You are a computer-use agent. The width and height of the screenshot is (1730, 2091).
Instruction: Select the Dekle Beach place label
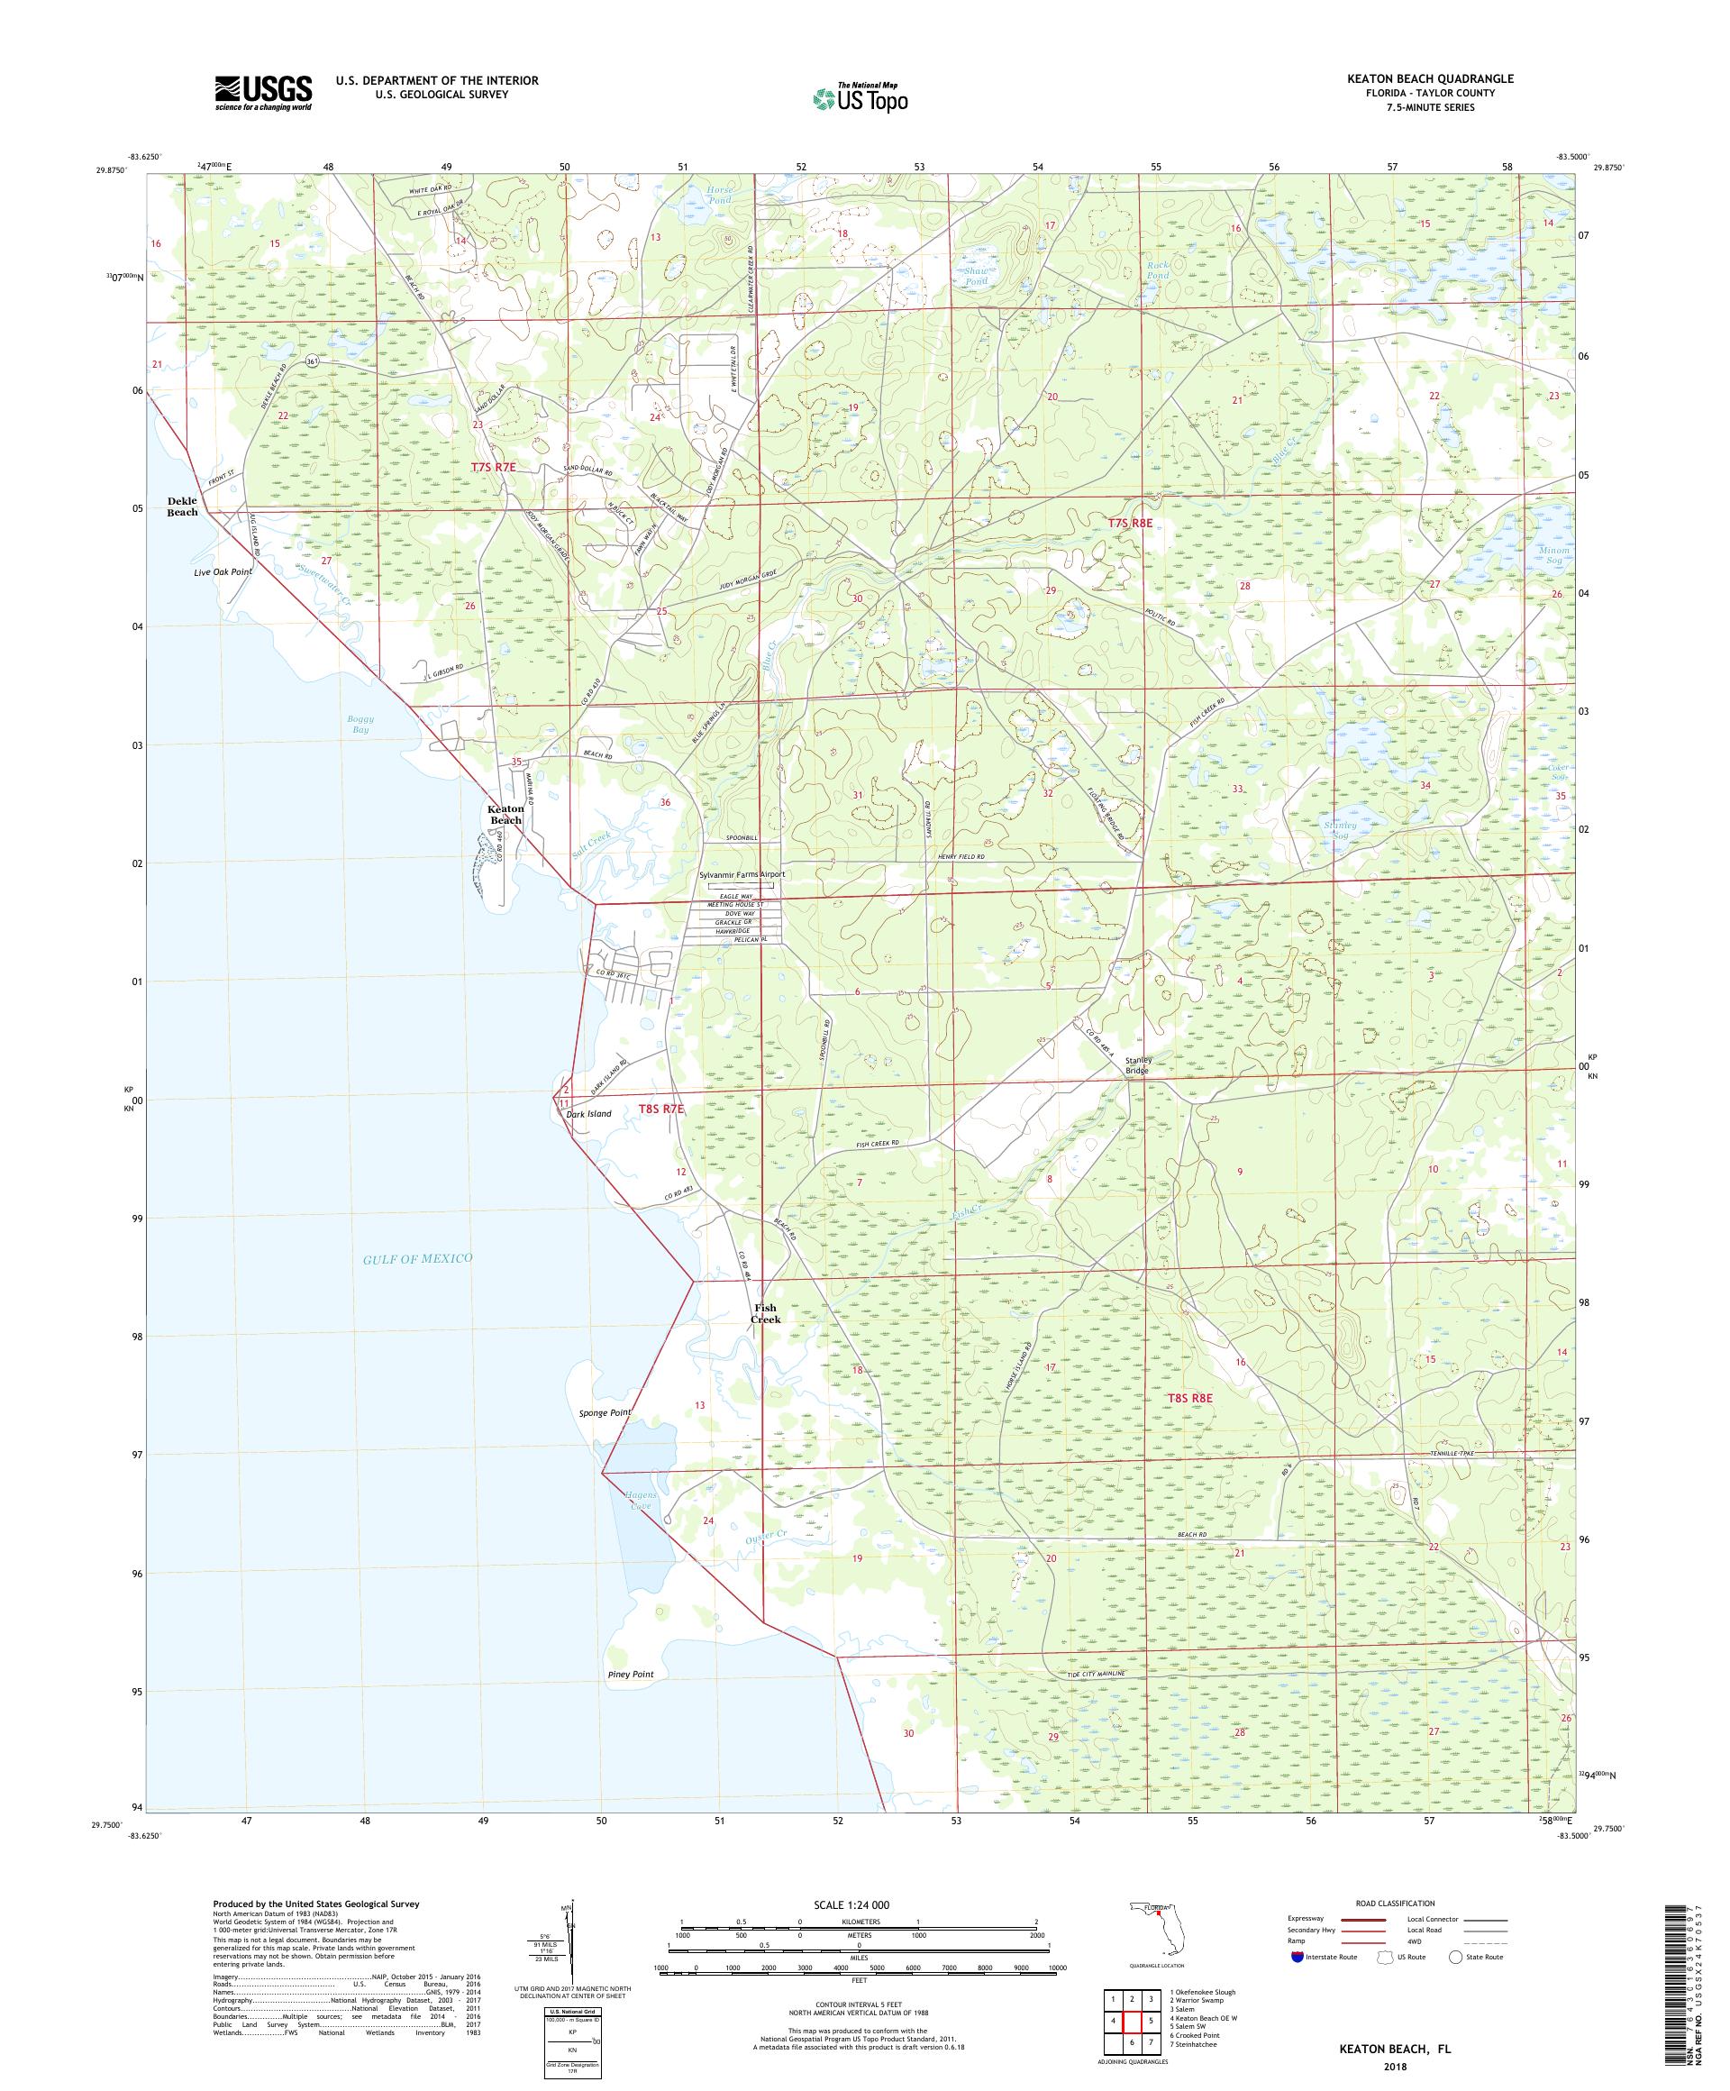point(182,506)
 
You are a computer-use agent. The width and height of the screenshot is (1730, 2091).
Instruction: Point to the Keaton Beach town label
point(505,815)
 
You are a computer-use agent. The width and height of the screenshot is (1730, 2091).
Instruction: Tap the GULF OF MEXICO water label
point(417,1258)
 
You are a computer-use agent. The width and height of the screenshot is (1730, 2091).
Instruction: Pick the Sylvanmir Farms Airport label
point(742,874)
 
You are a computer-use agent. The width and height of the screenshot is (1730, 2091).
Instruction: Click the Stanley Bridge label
point(1138,1064)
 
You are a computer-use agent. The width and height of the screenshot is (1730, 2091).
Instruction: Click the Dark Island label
point(588,1113)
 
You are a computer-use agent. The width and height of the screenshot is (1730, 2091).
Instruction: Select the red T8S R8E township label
point(1190,1398)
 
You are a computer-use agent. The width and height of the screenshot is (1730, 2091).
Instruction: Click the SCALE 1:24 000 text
point(859,1904)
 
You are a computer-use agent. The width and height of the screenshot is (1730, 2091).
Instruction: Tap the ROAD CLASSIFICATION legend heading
point(1395,1903)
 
